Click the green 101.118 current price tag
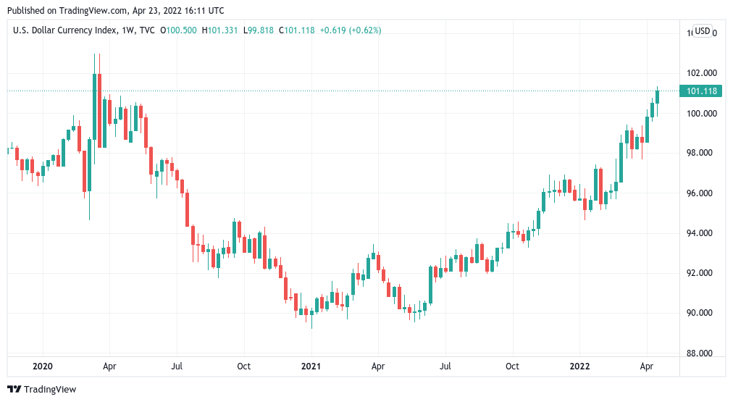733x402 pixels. pyautogui.click(x=700, y=91)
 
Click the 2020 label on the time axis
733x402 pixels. pyautogui.click(x=43, y=367)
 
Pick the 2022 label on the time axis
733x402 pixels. pyautogui.click(x=579, y=367)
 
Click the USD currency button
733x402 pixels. pyautogui.click(x=702, y=31)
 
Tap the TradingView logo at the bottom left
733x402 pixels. pyautogui.click(x=42, y=389)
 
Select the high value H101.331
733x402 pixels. pyautogui.click(x=220, y=30)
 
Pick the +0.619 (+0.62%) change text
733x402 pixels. pyautogui.click(x=351, y=30)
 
